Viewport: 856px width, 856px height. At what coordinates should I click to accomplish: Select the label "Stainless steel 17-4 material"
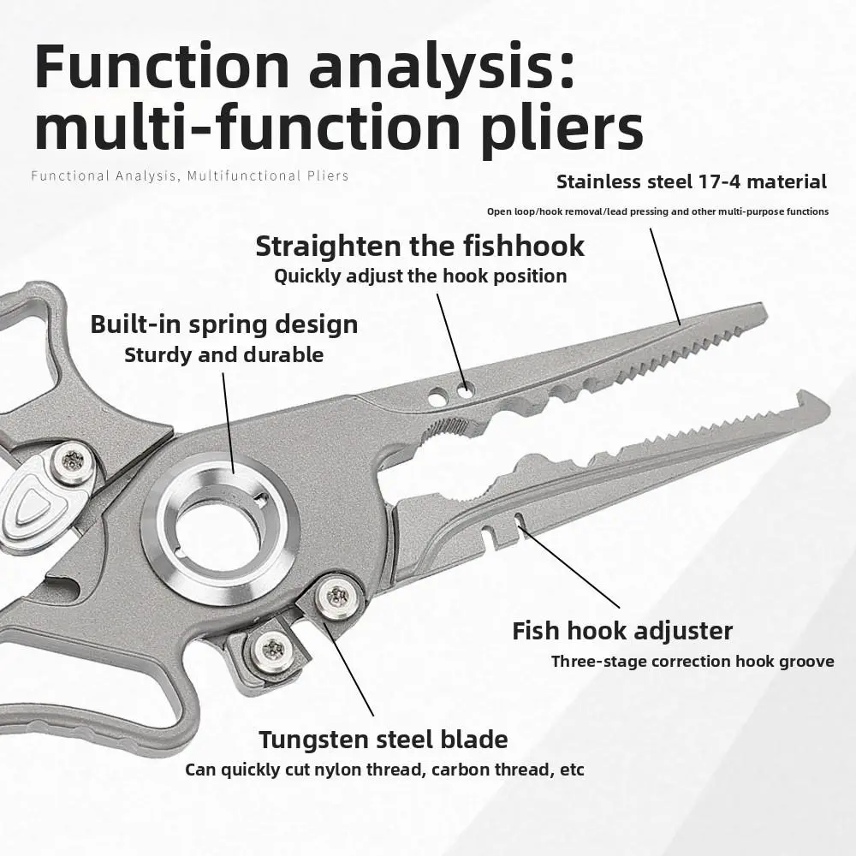[x=692, y=181]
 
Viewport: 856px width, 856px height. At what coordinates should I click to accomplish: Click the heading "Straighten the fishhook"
[x=419, y=246]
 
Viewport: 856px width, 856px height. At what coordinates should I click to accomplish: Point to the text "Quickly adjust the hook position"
[x=420, y=276]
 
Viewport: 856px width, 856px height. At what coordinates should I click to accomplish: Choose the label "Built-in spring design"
[x=223, y=324]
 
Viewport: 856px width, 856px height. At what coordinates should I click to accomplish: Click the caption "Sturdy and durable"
[x=223, y=354]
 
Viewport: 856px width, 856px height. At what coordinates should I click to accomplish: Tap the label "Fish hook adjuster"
[x=622, y=631]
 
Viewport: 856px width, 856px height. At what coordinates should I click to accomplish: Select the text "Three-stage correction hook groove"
[x=693, y=661]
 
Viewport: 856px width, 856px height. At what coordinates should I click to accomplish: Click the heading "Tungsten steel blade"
[x=383, y=739]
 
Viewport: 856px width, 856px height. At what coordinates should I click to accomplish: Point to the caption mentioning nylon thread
[x=384, y=770]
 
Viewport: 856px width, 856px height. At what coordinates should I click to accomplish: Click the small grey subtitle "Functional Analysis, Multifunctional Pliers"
[x=189, y=176]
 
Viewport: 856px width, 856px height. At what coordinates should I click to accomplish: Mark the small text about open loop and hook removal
[x=657, y=211]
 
